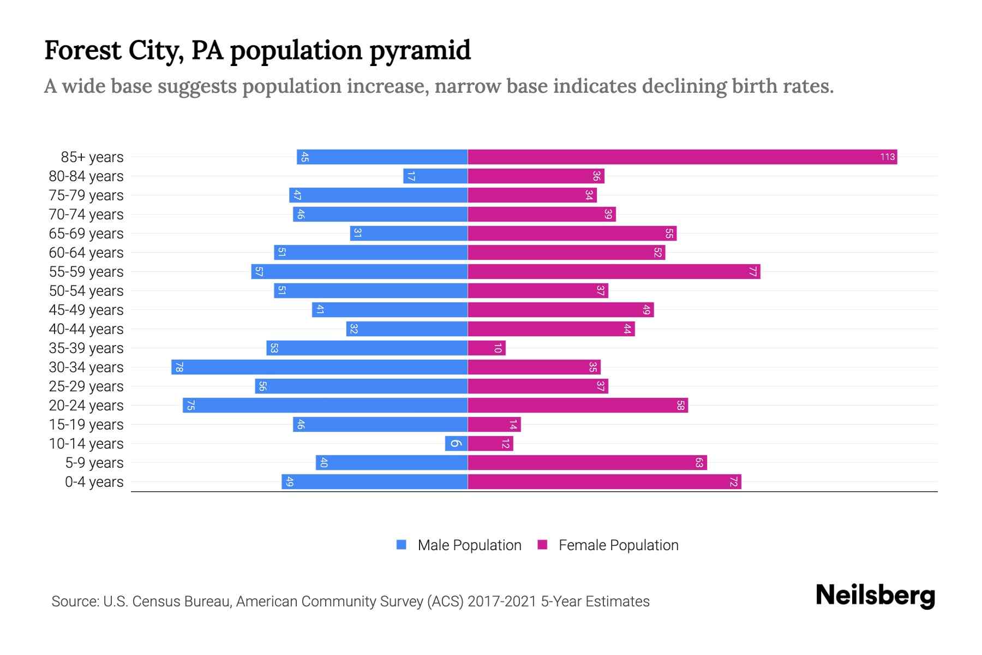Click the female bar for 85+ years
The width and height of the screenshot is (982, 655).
click(x=682, y=157)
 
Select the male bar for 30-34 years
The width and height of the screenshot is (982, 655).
click(x=319, y=367)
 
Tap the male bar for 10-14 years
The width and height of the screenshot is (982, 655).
click(x=456, y=444)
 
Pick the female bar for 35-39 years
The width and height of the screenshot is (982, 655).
click(x=487, y=348)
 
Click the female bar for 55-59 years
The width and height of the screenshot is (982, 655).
click(x=614, y=272)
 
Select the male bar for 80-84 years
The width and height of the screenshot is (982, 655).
click(x=435, y=176)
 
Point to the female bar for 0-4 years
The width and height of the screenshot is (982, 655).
click(x=604, y=482)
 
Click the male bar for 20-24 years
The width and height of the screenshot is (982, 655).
click(x=325, y=406)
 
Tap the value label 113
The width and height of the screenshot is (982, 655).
click(x=887, y=157)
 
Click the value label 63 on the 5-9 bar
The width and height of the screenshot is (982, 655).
click(x=699, y=463)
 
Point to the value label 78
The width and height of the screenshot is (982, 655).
click(x=179, y=367)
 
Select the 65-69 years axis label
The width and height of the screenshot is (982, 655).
click(x=86, y=234)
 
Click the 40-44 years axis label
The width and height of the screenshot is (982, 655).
click(x=86, y=329)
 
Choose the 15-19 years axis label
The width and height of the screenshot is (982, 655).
click(x=86, y=425)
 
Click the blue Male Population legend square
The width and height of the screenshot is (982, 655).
click(x=402, y=545)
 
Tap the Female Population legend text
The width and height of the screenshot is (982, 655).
click(x=618, y=545)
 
